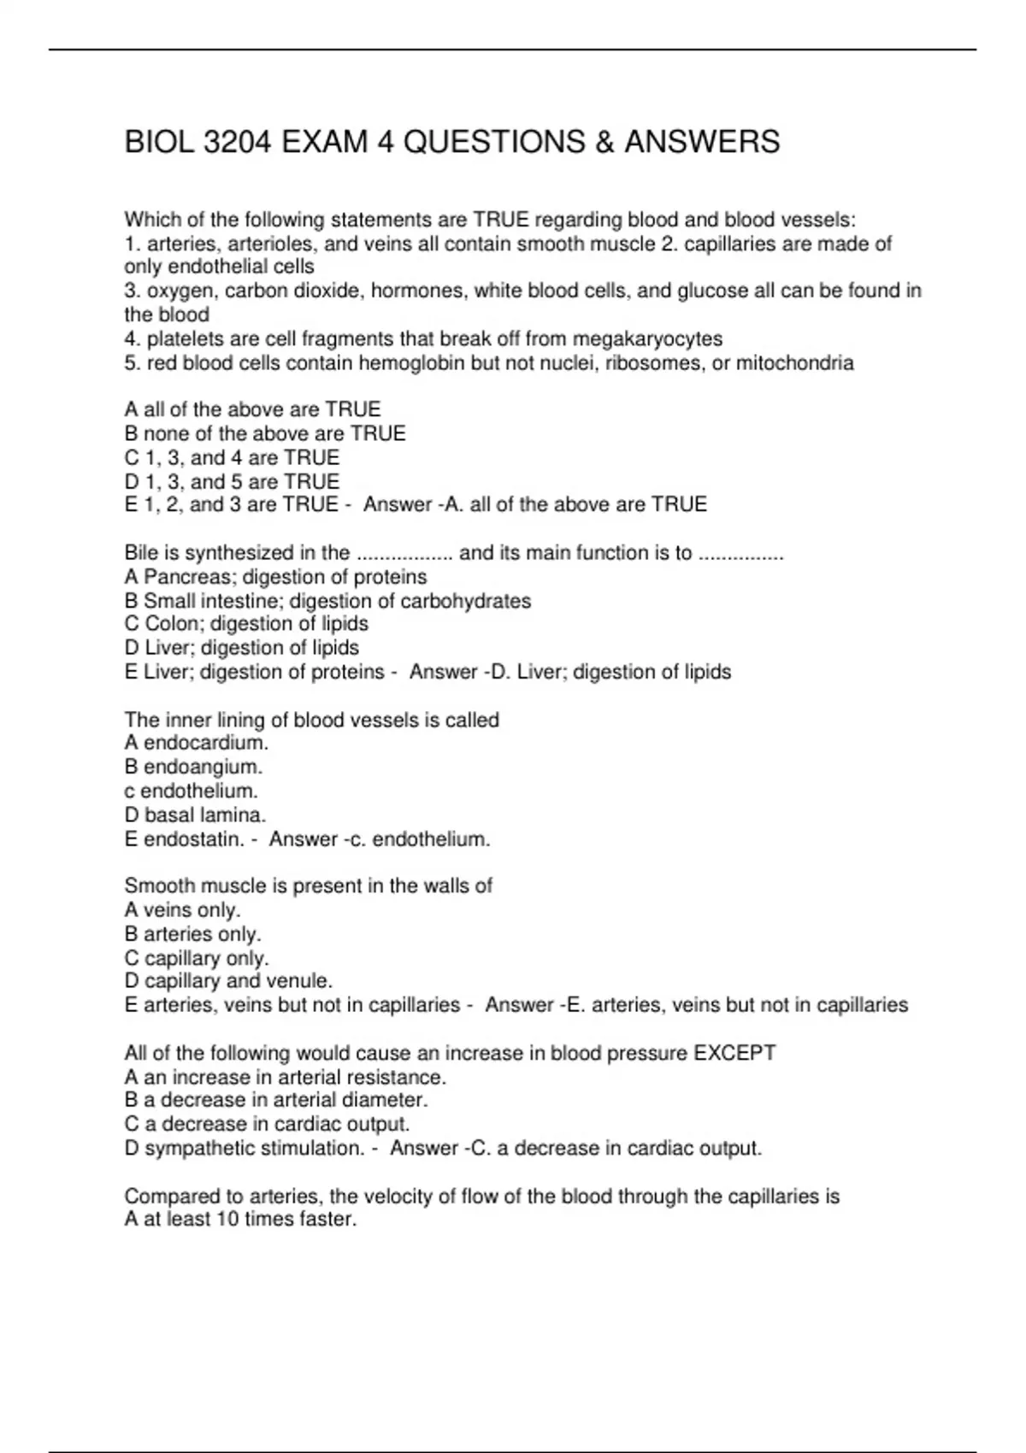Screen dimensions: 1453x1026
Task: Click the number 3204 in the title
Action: coord(239,141)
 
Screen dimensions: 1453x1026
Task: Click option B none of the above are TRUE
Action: coord(265,433)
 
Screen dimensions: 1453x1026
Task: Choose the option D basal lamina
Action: coord(195,815)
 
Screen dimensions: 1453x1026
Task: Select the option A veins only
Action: coord(182,909)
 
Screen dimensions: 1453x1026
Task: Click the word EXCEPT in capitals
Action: coord(734,1053)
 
